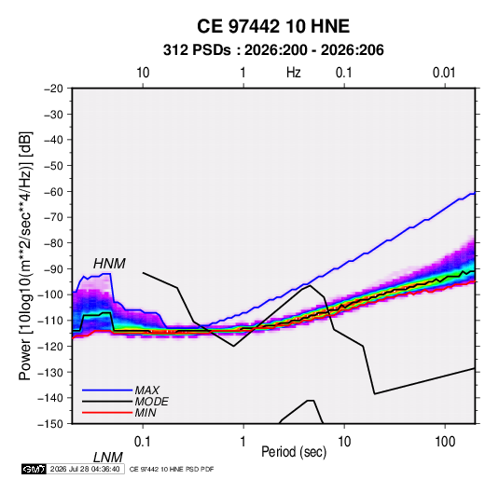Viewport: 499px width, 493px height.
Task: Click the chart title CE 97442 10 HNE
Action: tap(273, 26)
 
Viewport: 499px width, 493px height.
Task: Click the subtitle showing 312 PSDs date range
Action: tap(273, 50)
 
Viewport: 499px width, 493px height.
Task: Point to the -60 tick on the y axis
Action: tap(53, 191)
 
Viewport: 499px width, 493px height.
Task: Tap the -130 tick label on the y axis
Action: tap(50, 372)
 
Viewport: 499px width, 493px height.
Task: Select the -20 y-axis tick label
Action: tap(53, 89)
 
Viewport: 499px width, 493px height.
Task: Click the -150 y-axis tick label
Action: tap(50, 424)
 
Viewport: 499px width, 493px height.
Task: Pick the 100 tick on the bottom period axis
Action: tap(445, 442)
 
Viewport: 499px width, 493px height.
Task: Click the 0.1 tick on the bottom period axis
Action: tap(143, 442)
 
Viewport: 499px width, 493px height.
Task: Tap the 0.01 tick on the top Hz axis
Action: tap(444, 73)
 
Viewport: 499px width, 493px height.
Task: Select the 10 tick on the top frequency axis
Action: tap(143, 73)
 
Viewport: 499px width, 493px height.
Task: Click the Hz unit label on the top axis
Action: tap(294, 73)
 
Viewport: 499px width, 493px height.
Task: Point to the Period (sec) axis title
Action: tap(294, 452)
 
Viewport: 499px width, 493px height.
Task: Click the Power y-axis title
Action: tap(25, 255)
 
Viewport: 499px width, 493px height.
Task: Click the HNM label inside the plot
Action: tap(109, 264)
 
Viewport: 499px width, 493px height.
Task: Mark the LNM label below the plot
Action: tap(108, 458)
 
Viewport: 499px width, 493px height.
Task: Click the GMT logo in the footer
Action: tap(34, 469)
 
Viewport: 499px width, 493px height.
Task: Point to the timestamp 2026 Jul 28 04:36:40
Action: tap(85, 469)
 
